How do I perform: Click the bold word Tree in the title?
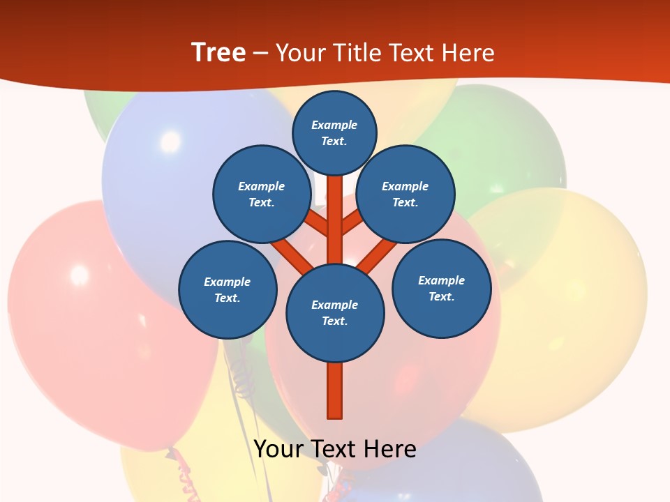point(218,53)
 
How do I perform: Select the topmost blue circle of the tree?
point(334,132)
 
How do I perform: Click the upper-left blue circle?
point(261,194)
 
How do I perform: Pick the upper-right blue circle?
point(405,194)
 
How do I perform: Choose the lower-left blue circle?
point(228,289)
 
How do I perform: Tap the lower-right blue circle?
point(442,288)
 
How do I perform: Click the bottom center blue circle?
point(335,312)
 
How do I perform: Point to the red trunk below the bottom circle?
point(335,390)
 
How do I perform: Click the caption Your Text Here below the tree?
point(335,449)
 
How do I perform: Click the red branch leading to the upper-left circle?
point(315,225)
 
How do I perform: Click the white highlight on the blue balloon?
point(170,142)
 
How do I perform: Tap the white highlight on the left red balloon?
point(79,274)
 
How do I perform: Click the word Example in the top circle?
point(334,125)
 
